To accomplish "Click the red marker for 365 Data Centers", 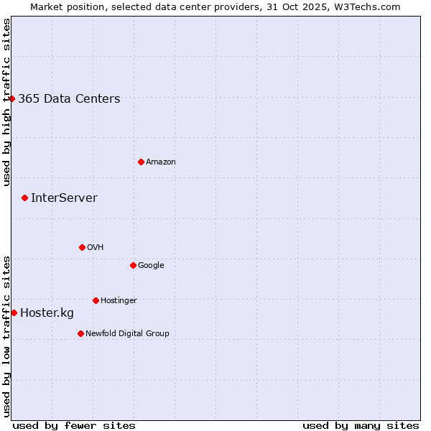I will [12, 98].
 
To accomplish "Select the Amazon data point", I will [141, 162].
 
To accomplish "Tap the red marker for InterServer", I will [24, 198].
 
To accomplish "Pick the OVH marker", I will [82, 247].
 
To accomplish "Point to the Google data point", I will [133, 265].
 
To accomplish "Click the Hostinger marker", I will [96, 300].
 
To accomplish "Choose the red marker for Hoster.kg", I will [14, 312].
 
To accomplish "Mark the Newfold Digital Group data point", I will [80, 333].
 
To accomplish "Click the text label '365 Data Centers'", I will [69, 99].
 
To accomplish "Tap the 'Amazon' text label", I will [161, 162].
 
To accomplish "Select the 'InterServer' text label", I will [64, 198].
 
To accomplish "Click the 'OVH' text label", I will [96, 248].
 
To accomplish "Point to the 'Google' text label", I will [151, 266].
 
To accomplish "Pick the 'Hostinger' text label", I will [119, 301].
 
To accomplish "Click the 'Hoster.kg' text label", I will [47, 313].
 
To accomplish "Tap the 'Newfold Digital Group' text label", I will [127, 334].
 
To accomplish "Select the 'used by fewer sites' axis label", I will [74, 425].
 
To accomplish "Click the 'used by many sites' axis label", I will [361, 425].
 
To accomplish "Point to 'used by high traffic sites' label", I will [6, 102].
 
